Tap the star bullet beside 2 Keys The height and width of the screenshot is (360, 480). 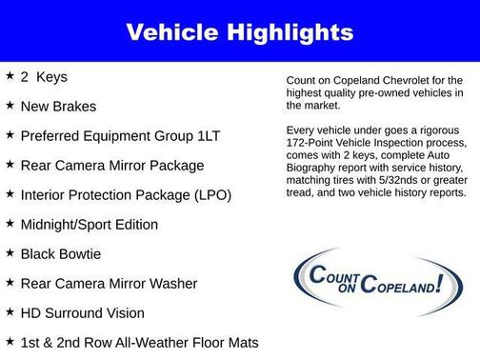tap(10, 76)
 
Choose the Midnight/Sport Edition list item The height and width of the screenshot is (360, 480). tap(89, 224)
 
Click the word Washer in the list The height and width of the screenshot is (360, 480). tap(170, 283)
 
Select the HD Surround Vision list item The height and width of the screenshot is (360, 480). tap(82, 312)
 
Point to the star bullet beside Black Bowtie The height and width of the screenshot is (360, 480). tap(10, 253)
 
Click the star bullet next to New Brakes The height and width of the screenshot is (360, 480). tap(10, 106)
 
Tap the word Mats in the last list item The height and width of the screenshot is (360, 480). tap(241, 342)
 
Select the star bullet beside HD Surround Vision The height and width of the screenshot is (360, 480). tap(10, 312)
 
